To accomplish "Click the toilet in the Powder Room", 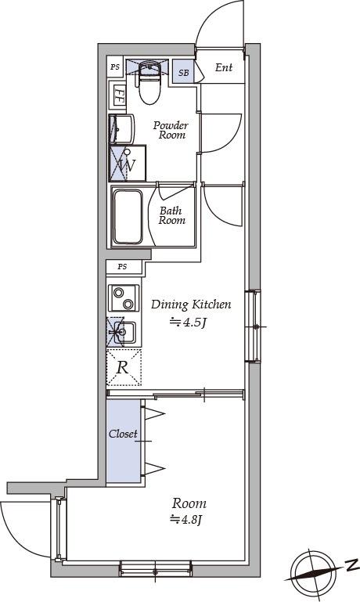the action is (148, 81).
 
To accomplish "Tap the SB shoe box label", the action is (183, 72).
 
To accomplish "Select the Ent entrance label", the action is (224, 67).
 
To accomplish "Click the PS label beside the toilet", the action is (115, 67).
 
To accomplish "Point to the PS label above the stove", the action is (122, 266).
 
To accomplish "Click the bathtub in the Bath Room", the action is (128, 217).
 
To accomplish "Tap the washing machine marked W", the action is (128, 163).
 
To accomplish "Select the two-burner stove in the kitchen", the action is (124, 298).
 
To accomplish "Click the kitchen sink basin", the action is (125, 333).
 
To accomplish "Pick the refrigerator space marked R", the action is (124, 367).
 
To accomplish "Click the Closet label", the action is (123, 434).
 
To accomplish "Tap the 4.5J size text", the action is (189, 323).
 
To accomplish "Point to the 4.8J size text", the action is (186, 520).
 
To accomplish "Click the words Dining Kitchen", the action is (191, 305).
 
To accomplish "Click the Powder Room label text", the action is (171, 130).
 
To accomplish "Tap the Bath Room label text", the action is (171, 215).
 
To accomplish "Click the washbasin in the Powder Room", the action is (121, 128).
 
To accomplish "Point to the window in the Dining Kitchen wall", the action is (253, 326).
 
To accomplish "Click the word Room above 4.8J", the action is (189, 503).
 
